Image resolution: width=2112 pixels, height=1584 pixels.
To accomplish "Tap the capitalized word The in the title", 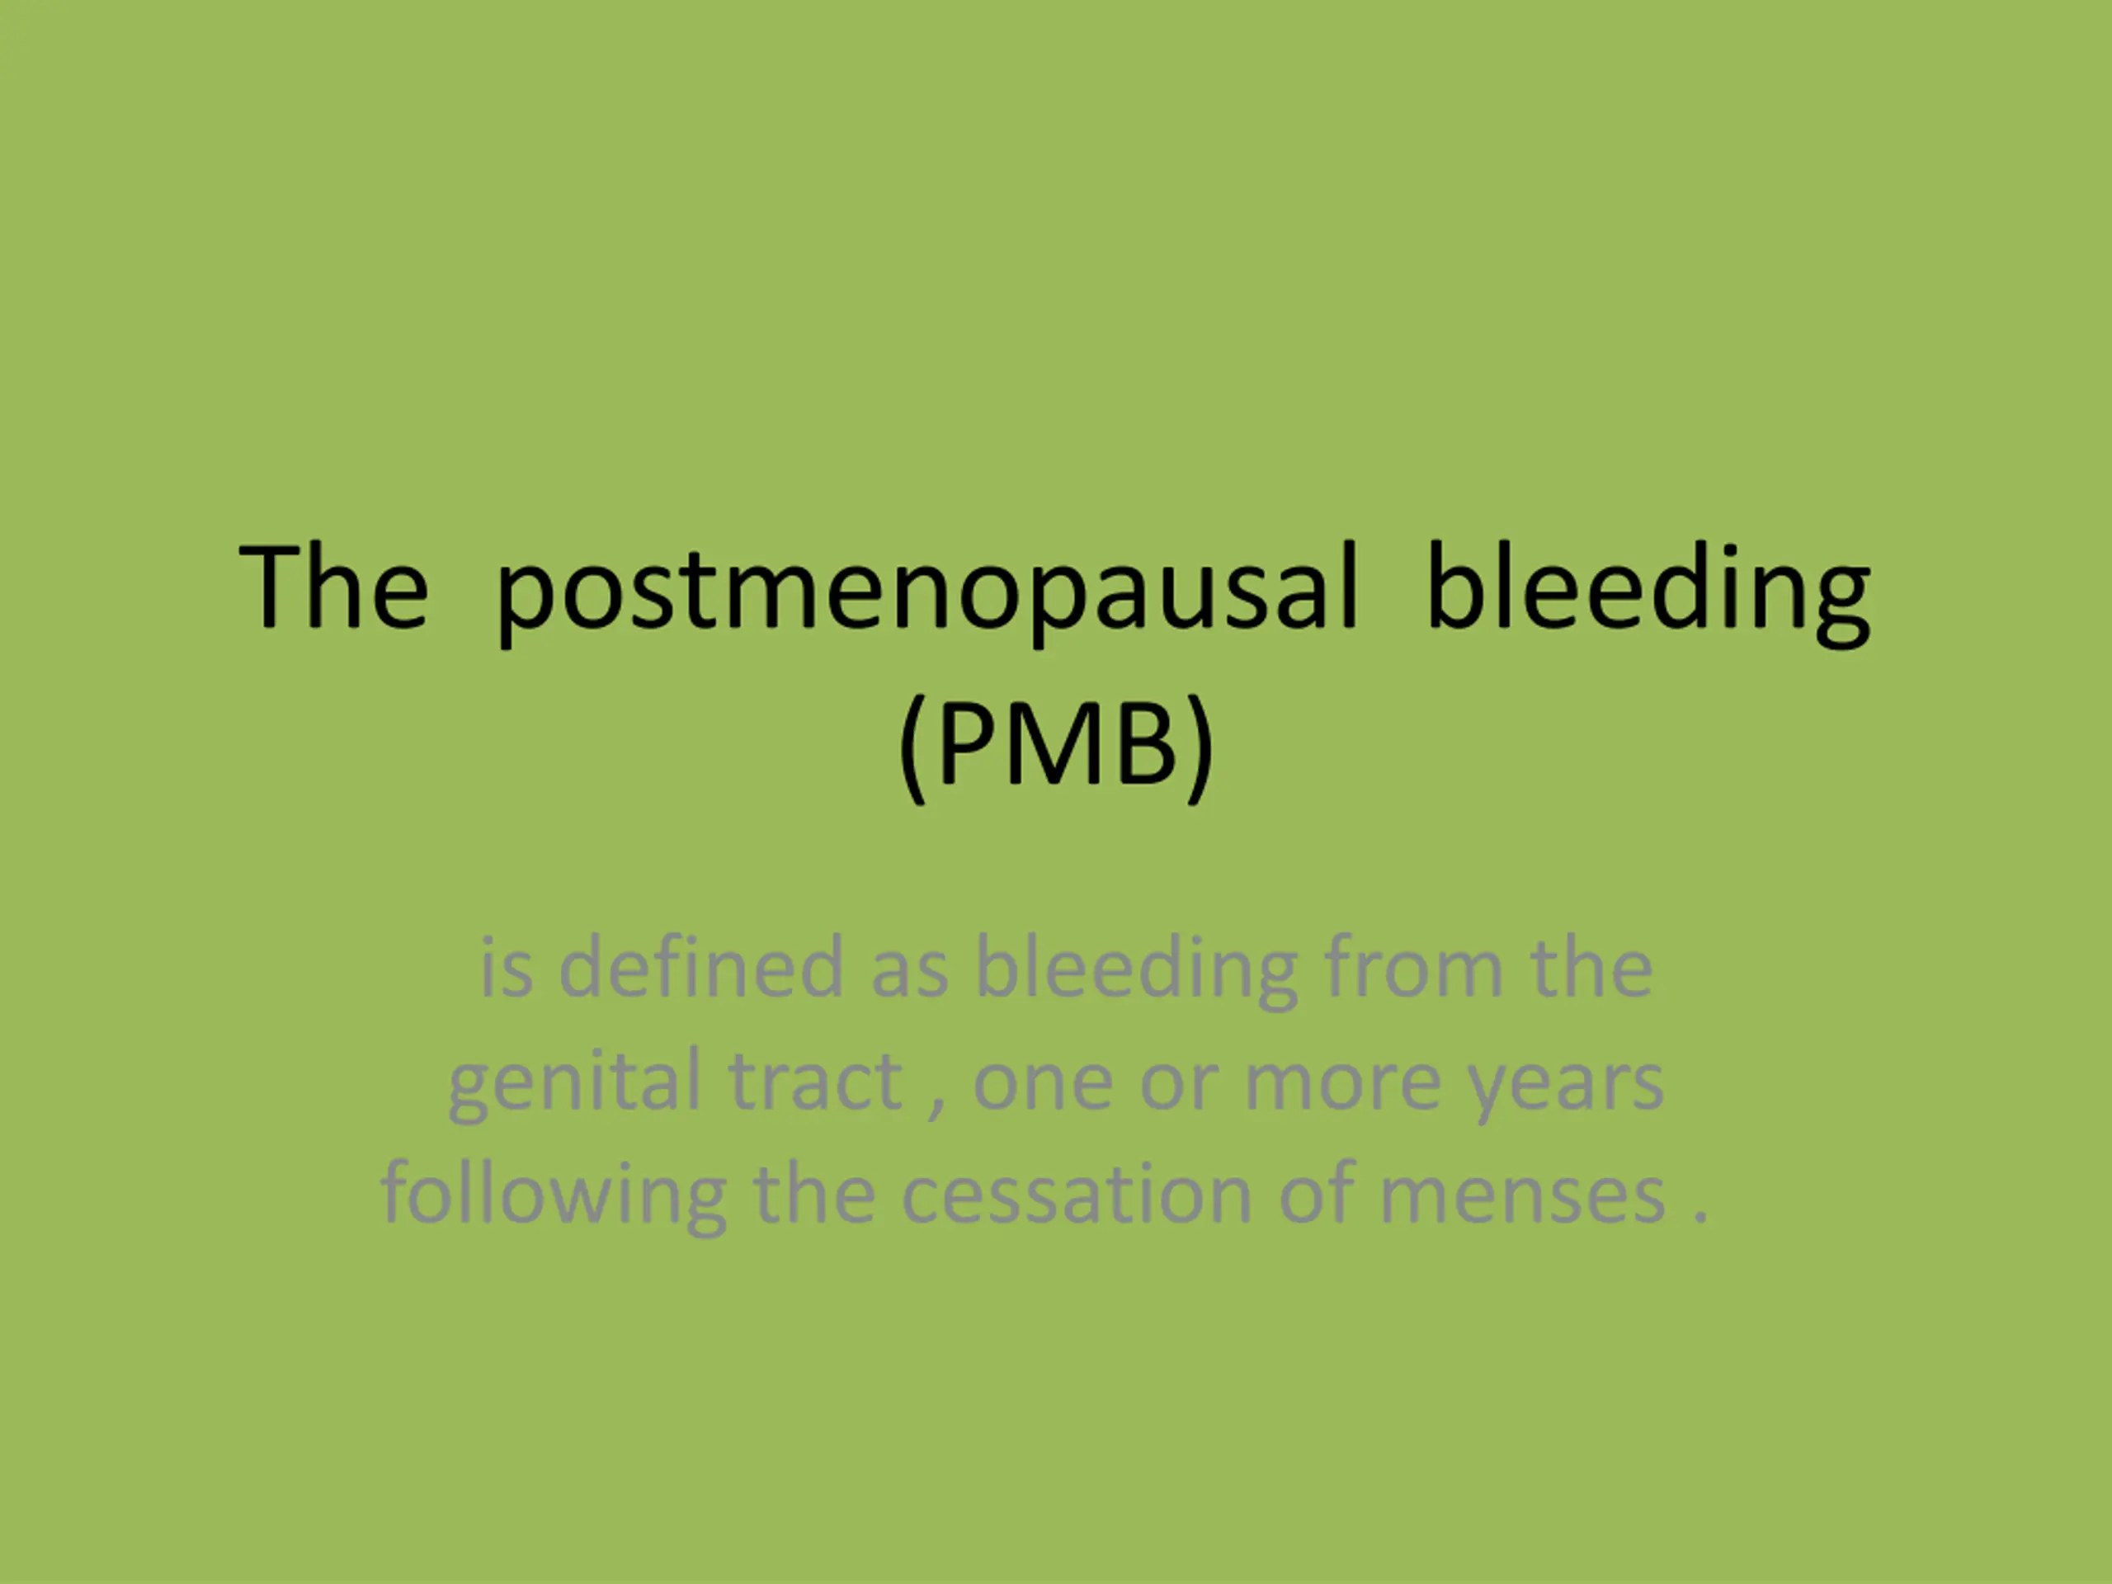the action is pyautogui.click(x=333, y=585).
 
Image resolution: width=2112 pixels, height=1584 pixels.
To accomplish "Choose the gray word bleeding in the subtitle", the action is pyautogui.click(x=1136, y=972).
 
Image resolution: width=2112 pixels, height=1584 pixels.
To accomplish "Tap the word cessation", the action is pyautogui.click(x=1076, y=1197).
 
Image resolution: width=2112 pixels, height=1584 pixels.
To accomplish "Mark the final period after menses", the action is pyautogui.click(x=1699, y=1219).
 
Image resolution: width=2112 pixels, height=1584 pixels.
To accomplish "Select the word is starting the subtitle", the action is pyautogui.click(x=506, y=969).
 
